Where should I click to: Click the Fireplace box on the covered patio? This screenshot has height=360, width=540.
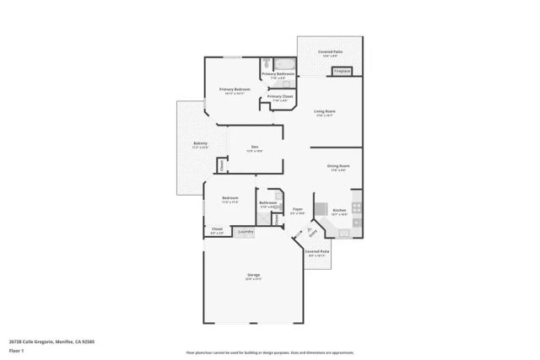[x=343, y=72]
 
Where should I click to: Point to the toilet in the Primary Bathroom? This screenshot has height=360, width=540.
[x=266, y=62]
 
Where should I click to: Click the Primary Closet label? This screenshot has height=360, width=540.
[x=279, y=97]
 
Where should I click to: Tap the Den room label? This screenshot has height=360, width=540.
[x=254, y=148]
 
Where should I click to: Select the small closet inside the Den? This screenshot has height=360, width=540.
[x=222, y=165]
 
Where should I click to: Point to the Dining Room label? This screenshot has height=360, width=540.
[x=338, y=166]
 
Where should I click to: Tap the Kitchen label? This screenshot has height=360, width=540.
[x=338, y=210]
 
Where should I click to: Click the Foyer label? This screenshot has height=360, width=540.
[x=297, y=209]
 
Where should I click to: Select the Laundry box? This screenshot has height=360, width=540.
[x=246, y=231]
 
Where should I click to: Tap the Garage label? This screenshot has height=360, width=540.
[x=253, y=275]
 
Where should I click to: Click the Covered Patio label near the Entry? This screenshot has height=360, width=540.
[x=317, y=251]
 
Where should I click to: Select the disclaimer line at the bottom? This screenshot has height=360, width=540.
[x=269, y=352]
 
